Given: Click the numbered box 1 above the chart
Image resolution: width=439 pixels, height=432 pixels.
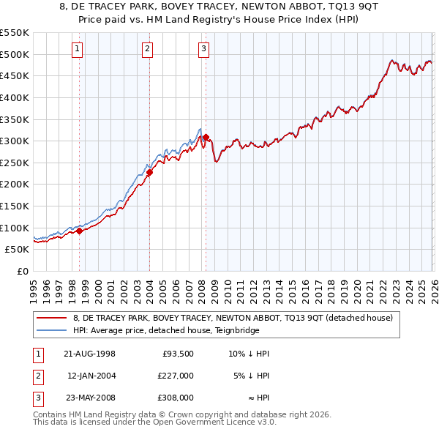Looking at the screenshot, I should point(78,49).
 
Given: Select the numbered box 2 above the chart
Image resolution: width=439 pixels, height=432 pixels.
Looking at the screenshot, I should point(147,49).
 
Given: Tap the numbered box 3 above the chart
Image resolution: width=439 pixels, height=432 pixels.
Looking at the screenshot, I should point(203,49).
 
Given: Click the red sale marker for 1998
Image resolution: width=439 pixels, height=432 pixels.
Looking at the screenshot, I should point(80,231).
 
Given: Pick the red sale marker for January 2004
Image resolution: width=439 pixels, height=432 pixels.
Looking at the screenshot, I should point(149,173).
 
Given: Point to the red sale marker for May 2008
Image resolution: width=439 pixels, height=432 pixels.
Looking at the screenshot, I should point(206,137).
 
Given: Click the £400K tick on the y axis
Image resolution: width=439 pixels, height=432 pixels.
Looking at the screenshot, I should point(15,97).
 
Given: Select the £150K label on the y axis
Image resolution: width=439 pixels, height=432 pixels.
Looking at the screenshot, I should point(15,206).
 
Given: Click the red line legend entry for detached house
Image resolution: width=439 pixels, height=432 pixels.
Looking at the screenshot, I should point(233,318).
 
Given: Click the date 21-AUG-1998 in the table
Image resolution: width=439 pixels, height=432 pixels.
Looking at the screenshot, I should point(89,354).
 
